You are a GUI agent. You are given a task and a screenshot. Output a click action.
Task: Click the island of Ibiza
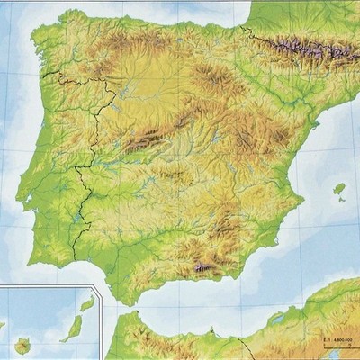pos(339,189)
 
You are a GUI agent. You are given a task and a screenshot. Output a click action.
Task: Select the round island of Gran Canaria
pos(22,345)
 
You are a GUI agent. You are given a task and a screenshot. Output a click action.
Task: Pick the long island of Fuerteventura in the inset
pos(72,328)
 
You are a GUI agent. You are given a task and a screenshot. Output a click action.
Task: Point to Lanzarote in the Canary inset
pos(87,304)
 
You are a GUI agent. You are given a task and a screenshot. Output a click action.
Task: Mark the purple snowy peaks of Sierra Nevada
pos(205,267)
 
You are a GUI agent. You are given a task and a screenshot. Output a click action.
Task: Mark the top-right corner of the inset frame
pos(102,285)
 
